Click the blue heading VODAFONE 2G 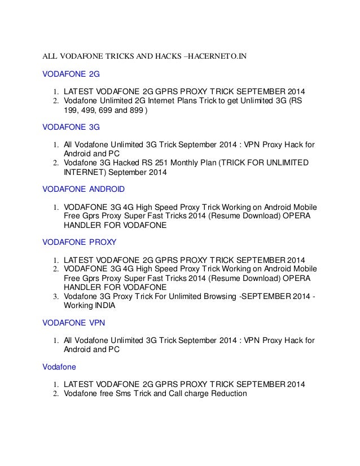67,74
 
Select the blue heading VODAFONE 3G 67,128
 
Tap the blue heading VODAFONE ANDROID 84,188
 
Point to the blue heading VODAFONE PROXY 80,242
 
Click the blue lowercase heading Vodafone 59,366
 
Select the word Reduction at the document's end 226,393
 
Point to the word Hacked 131,163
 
